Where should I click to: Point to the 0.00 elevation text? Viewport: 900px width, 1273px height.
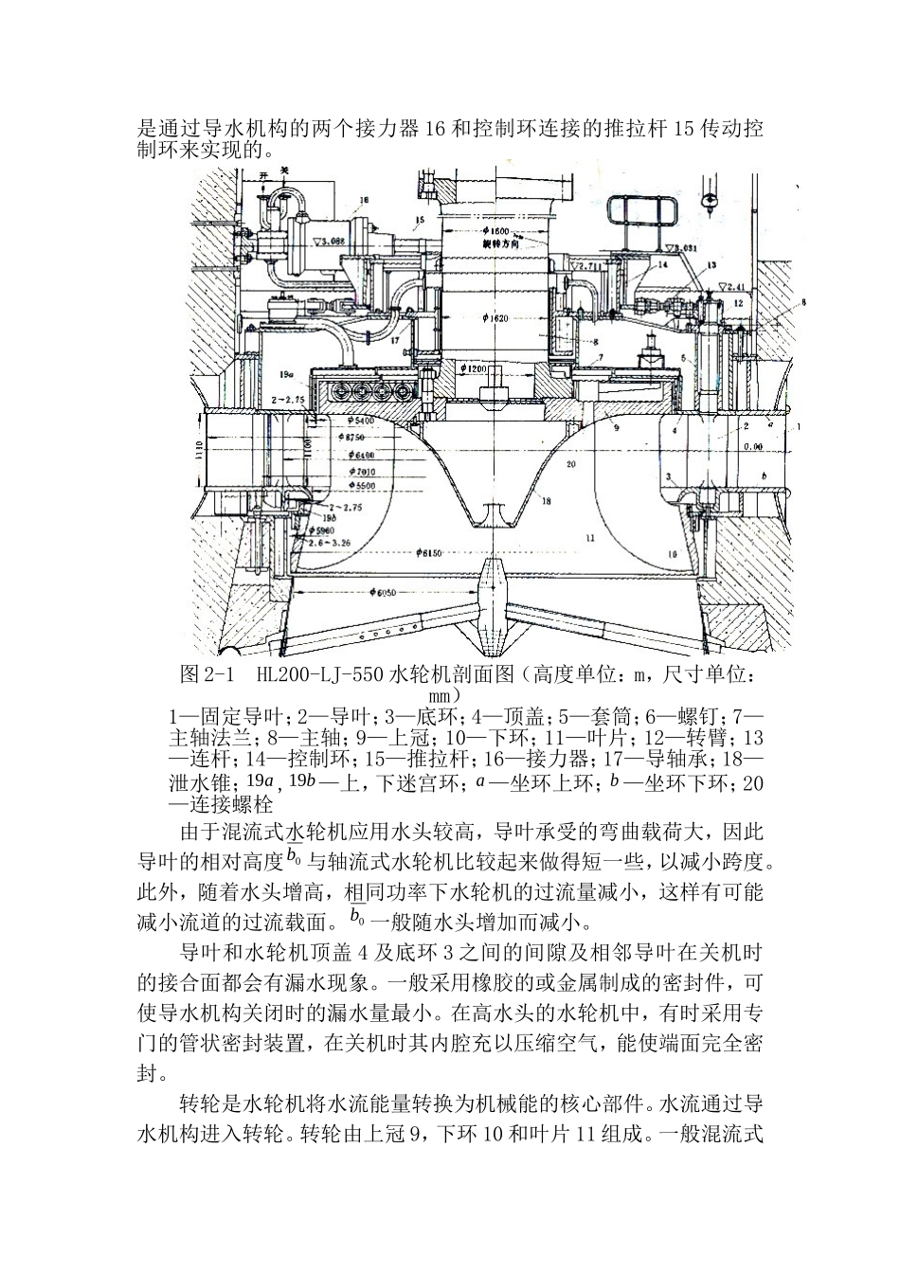click(754, 445)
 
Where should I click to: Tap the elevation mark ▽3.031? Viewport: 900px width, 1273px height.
click(687, 248)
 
